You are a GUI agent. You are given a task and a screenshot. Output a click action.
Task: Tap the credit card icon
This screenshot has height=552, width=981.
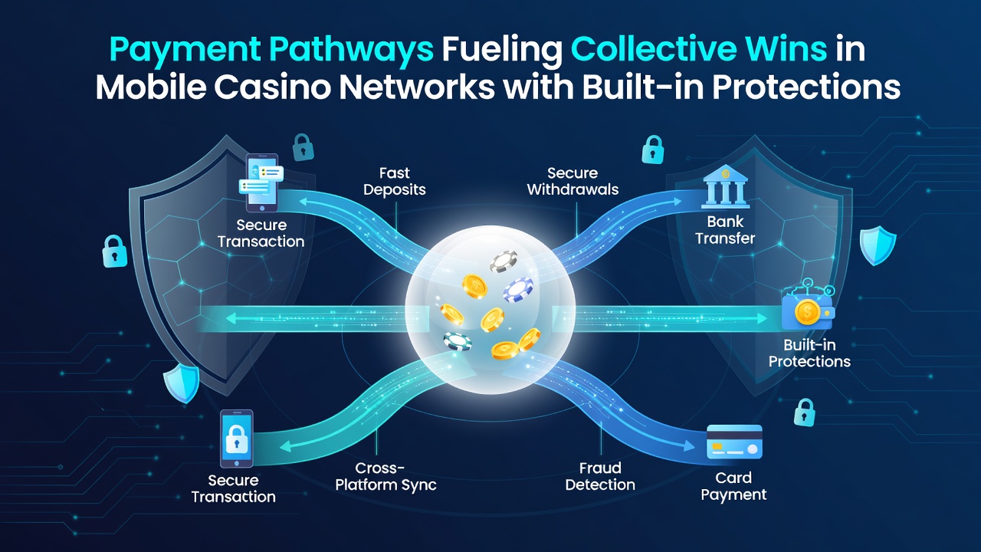[734, 442]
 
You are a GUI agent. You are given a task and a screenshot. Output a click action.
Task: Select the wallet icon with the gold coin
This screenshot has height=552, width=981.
[809, 309]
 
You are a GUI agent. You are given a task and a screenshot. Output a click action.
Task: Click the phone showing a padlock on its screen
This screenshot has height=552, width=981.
[237, 439]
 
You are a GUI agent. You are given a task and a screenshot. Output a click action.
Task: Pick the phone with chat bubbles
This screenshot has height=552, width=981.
[261, 182]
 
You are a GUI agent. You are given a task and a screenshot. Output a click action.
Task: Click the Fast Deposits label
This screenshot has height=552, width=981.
[395, 182]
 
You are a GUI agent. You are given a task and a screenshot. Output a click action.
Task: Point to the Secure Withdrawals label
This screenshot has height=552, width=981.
[573, 182]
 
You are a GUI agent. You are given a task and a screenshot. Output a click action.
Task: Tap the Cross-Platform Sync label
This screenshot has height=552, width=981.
[386, 477]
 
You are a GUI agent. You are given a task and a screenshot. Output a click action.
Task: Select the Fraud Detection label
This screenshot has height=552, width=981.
[600, 477]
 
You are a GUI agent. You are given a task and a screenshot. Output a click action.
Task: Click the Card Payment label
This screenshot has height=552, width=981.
[733, 486]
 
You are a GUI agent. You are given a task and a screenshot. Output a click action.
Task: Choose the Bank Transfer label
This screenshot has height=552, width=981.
[725, 230]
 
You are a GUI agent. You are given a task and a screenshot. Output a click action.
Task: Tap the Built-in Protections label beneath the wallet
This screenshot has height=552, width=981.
[810, 353]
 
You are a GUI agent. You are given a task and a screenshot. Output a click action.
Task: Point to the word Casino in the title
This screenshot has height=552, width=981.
[272, 87]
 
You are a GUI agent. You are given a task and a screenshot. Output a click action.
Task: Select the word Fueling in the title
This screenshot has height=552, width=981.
[502, 51]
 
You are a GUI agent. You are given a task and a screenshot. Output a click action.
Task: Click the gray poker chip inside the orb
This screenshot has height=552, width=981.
[503, 261]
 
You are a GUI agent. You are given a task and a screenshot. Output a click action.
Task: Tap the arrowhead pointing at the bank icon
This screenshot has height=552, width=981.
[677, 202]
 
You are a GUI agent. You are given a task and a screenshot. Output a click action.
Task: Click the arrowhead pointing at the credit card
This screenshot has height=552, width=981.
[688, 445]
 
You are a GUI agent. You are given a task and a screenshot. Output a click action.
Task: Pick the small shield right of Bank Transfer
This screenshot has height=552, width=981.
[878, 245]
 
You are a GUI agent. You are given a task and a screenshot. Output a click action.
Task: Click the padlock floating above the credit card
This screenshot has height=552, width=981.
[805, 412]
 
